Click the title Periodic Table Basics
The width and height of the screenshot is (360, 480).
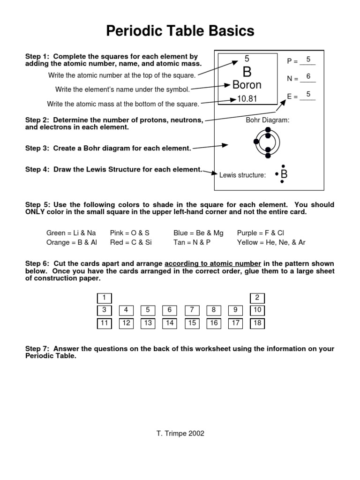[x=180, y=31]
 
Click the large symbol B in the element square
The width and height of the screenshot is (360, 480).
[x=247, y=72]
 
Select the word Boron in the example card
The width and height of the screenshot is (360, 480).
[x=247, y=85]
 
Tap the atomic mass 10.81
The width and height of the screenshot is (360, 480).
[x=247, y=99]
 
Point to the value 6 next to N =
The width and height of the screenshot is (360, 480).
[x=308, y=76]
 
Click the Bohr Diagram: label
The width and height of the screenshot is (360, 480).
[x=268, y=120]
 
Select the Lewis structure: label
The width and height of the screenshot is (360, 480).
[x=242, y=175]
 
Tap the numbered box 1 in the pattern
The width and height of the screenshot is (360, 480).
[x=104, y=298]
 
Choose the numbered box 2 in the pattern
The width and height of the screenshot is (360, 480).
[x=257, y=298]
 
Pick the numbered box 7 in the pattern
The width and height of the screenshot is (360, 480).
[x=192, y=310]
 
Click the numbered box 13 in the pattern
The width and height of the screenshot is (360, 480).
[x=148, y=323]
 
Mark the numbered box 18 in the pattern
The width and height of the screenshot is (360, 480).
[x=257, y=323]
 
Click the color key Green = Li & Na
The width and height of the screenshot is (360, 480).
[x=71, y=233]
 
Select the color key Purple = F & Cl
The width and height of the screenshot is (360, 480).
[x=261, y=233]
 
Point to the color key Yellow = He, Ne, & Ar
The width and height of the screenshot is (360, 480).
[x=271, y=242]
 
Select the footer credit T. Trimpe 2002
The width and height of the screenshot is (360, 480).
[x=180, y=434]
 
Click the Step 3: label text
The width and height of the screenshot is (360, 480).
[x=38, y=148]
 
